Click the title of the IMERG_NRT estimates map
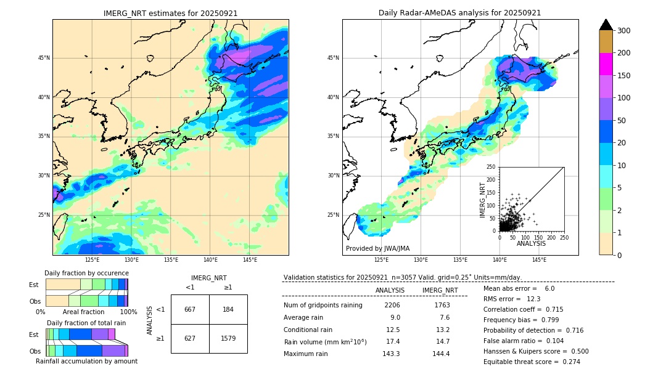[170, 13]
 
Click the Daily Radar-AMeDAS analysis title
[459, 13]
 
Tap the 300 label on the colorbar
[623, 31]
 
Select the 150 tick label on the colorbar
[623, 76]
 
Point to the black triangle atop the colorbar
[606, 25]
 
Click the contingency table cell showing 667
[190, 310]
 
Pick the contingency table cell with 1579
[228, 338]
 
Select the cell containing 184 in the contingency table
[228, 310]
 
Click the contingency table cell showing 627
[190, 338]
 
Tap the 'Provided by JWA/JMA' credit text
[377, 248]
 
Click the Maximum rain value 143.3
[391, 354]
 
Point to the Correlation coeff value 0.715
[555, 310]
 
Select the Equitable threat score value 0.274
[571, 362]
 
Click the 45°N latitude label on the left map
[44, 58]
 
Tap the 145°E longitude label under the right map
[539, 260]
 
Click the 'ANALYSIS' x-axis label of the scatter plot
[531, 244]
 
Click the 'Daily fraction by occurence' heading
[87, 273]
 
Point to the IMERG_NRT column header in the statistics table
[440, 291]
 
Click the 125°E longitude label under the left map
[92, 260]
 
